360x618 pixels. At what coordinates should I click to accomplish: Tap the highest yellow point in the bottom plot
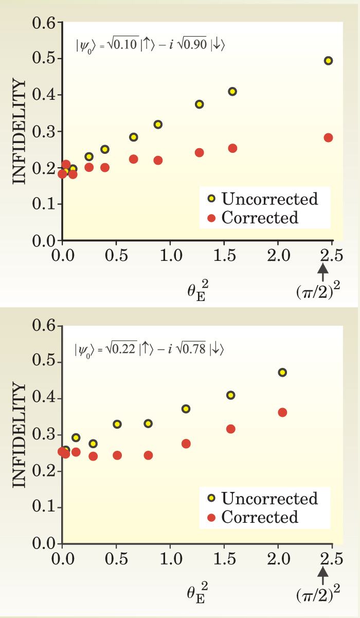pyautogui.click(x=282, y=373)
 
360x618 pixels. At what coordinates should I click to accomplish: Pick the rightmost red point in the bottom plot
pyautogui.click(x=282, y=412)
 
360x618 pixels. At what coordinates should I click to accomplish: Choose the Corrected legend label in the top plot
pyautogui.click(x=260, y=218)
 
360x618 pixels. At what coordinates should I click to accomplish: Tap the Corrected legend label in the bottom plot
pyautogui.click(x=260, y=517)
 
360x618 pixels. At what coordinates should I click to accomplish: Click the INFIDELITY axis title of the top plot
pyautogui.click(x=19, y=131)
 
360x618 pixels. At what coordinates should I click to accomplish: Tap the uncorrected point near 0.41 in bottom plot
pyautogui.click(x=231, y=395)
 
